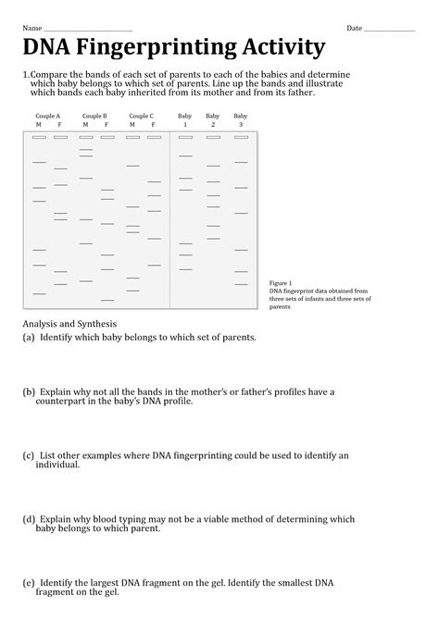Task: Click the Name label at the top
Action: coord(32,29)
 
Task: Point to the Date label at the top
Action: coord(354,29)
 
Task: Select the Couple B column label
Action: coord(94,116)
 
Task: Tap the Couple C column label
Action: coord(141,116)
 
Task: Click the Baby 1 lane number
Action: coord(185,124)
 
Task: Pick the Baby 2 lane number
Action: coord(213,124)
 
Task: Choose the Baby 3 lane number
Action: coord(241,124)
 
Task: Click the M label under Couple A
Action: coord(38,124)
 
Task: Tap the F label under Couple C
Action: coord(154,124)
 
